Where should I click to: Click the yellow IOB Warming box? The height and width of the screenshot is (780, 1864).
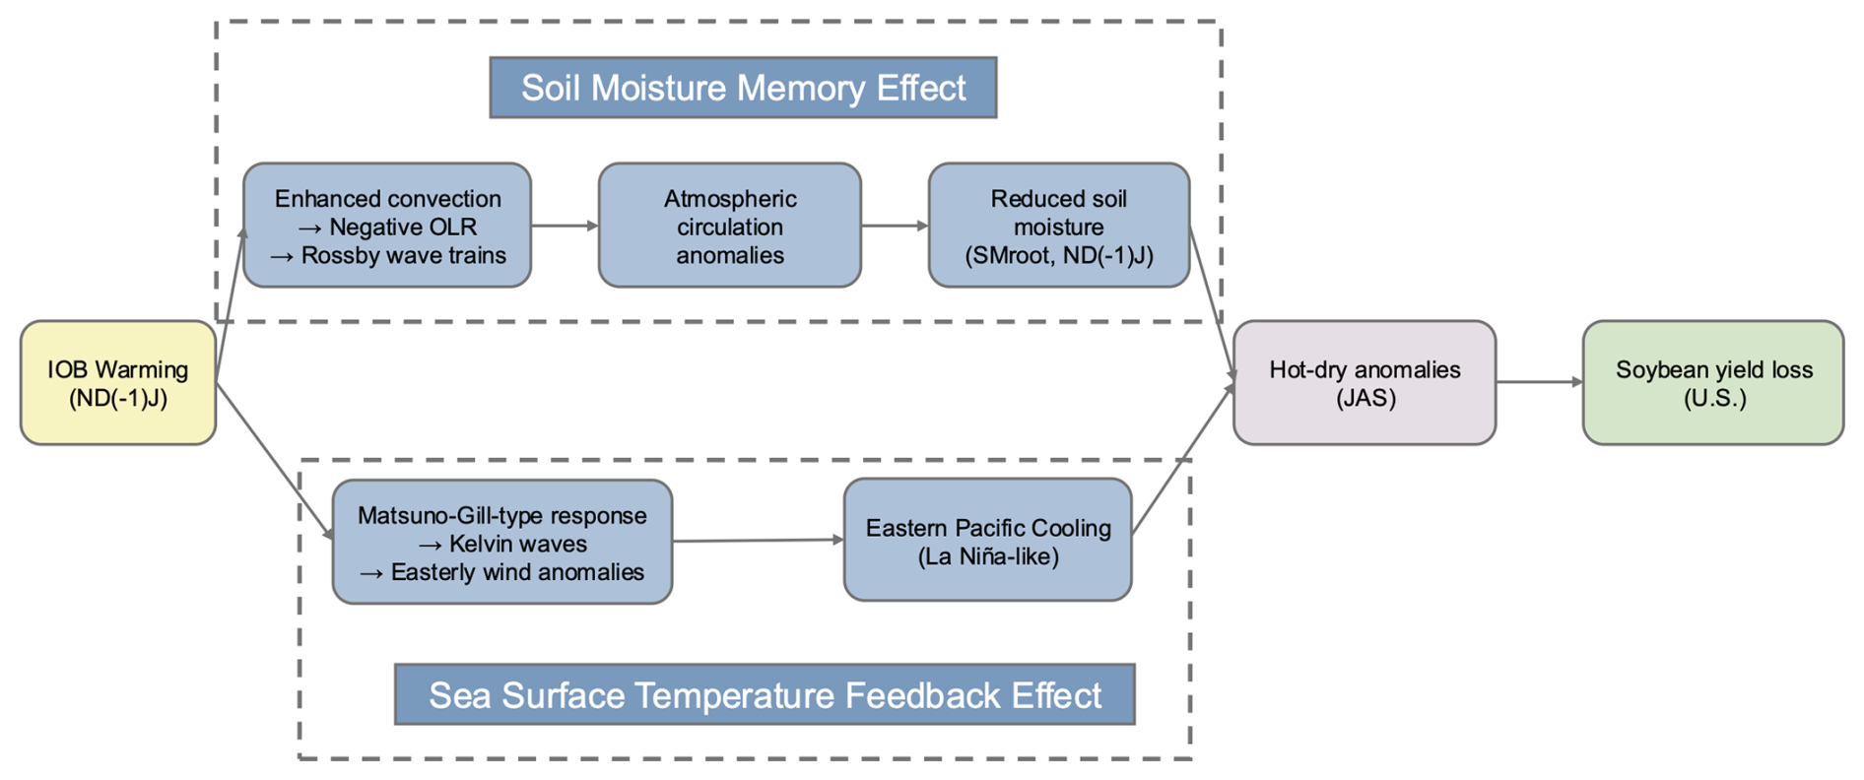[x=117, y=383]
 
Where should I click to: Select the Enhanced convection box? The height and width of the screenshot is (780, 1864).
[x=387, y=226]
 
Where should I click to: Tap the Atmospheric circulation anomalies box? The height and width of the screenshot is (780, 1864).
[x=729, y=226]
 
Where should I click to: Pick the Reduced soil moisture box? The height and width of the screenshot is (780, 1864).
[x=1058, y=226]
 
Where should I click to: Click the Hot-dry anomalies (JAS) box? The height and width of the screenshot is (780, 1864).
[x=1365, y=383]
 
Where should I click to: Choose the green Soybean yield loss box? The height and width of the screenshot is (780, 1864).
[x=1713, y=383]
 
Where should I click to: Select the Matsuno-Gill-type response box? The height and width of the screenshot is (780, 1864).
[x=502, y=542]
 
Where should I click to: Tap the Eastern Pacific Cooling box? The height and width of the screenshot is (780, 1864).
[x=987, y=541]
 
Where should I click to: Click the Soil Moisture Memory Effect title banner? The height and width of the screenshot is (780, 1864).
[x=743, y=88]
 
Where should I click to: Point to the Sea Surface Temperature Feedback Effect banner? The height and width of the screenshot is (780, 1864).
[x=765, y=695]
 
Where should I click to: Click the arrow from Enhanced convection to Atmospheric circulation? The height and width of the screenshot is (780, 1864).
[x=565, y=226]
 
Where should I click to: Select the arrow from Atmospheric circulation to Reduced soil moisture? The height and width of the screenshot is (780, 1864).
[x=895, y=226]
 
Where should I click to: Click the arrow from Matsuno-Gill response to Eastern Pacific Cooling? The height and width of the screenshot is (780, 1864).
[x=758, y=541]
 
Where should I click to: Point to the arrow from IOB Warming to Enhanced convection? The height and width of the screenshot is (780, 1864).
[x=230, y=305]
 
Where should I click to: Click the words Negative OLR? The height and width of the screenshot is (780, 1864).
[x=403, y=227]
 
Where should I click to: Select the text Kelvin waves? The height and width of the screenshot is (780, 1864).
[x=517, y=544]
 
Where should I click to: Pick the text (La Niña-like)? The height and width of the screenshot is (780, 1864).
[x=988, y=557]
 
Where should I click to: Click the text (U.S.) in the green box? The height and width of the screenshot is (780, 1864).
[x=1714, y=399]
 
